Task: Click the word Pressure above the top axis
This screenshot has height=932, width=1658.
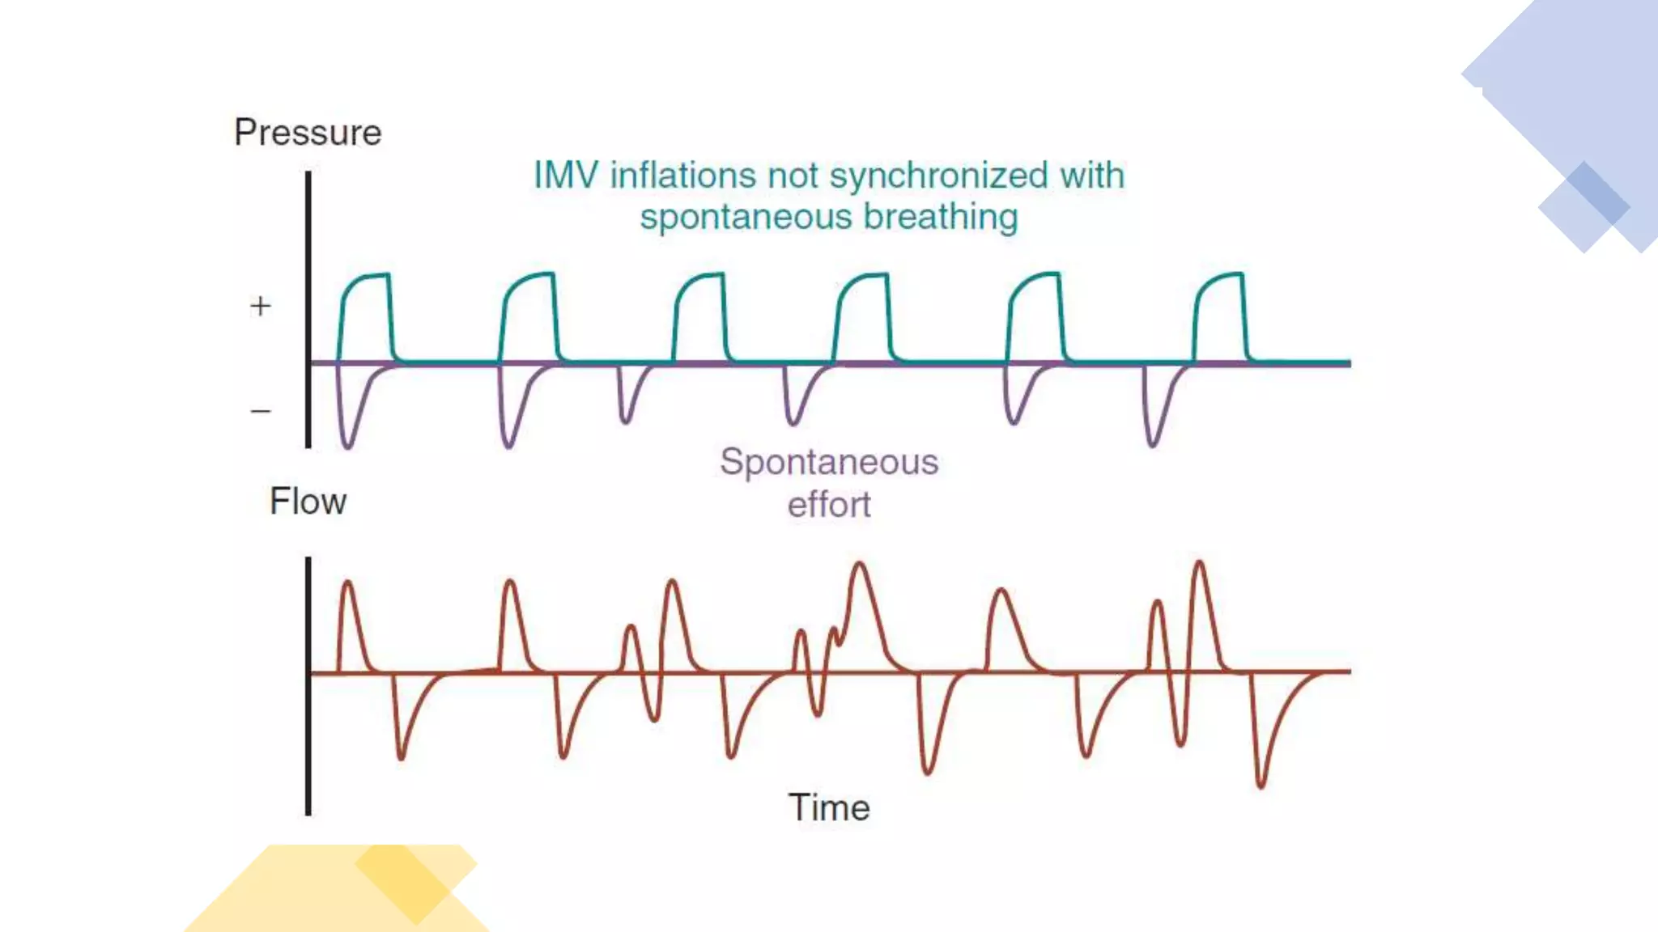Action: pyautogui.click(x=308, y=133)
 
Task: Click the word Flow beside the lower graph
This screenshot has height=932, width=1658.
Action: pyautogui.click(x=308, y=502)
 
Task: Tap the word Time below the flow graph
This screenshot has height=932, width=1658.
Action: pyautogui.click(x=829, y=807)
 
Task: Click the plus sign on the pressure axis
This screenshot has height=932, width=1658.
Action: pyautogui.click(x=260, y=306)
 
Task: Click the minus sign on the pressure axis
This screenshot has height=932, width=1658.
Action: pyautogui.click(x=260, y=411)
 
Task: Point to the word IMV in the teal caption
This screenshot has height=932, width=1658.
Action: pyautogui.click(x=566, y=176)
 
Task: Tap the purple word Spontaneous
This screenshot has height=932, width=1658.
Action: pyautogui.click(x=829, y=462)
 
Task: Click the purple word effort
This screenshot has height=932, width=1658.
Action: pyautogui.click(x=829, y=505)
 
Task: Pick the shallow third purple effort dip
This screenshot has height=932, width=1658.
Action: pyautogui.click(x=625, y=420)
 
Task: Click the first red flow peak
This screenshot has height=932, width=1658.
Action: pyautogui.click(x=348, y=582)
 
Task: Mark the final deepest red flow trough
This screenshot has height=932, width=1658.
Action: pyautogui.click(x=1261, y=784)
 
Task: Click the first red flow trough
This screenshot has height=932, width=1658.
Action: pyautogui.click(x=401, y=756)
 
